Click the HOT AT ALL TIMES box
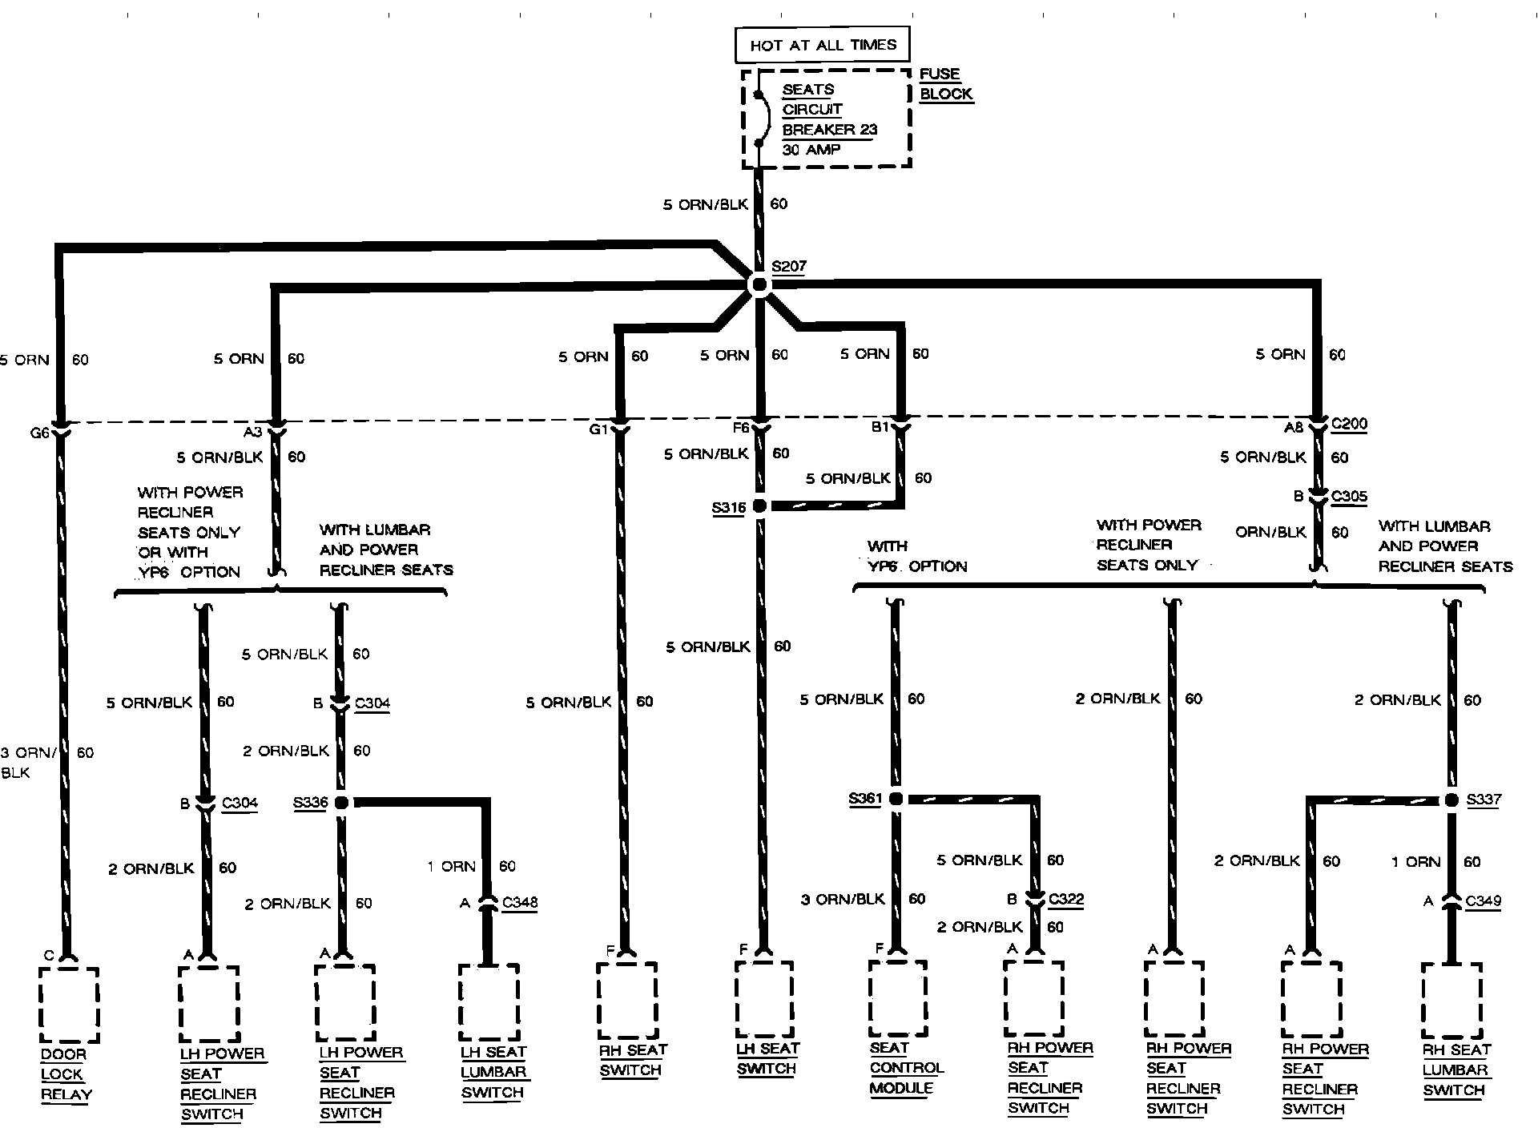pos(823,46)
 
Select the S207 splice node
pos(758,284)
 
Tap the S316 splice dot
pos(759,506)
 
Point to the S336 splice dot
pos(341,802)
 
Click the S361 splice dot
pos(896,799)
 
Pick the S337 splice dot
pos(1451,800)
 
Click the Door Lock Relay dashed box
pos(69,1005)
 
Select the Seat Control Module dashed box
pos(898,999)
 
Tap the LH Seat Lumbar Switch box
pos(489,1001)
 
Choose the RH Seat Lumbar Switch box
pos(1452,1001)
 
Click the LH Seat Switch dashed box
pos(765,999)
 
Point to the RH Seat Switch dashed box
pos(627,1001)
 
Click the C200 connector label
pos(1349,425)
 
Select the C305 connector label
pos(1349,497)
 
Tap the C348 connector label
pos(520,903)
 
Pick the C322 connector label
pos(1065,899)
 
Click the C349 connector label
pos(1484,901)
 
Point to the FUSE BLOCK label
pos(945,84)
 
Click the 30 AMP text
pos(811,150)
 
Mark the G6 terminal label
pos(39,433)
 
